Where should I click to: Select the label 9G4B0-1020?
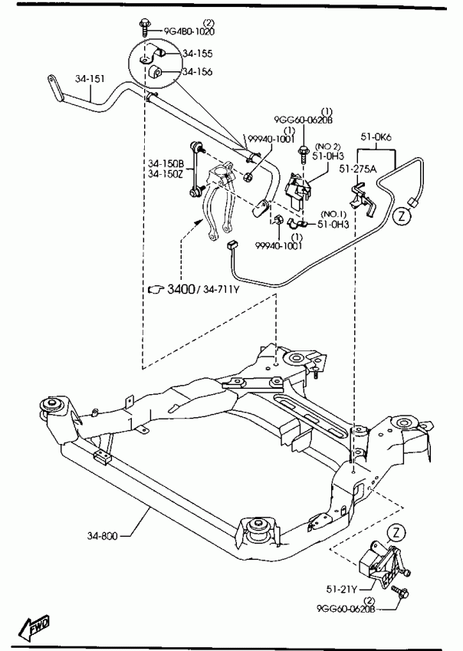point(189,31)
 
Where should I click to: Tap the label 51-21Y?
point(340,590)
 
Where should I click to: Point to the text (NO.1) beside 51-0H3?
point(333,214)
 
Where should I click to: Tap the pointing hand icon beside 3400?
point(156,290)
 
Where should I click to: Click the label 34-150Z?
point(167,174)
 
